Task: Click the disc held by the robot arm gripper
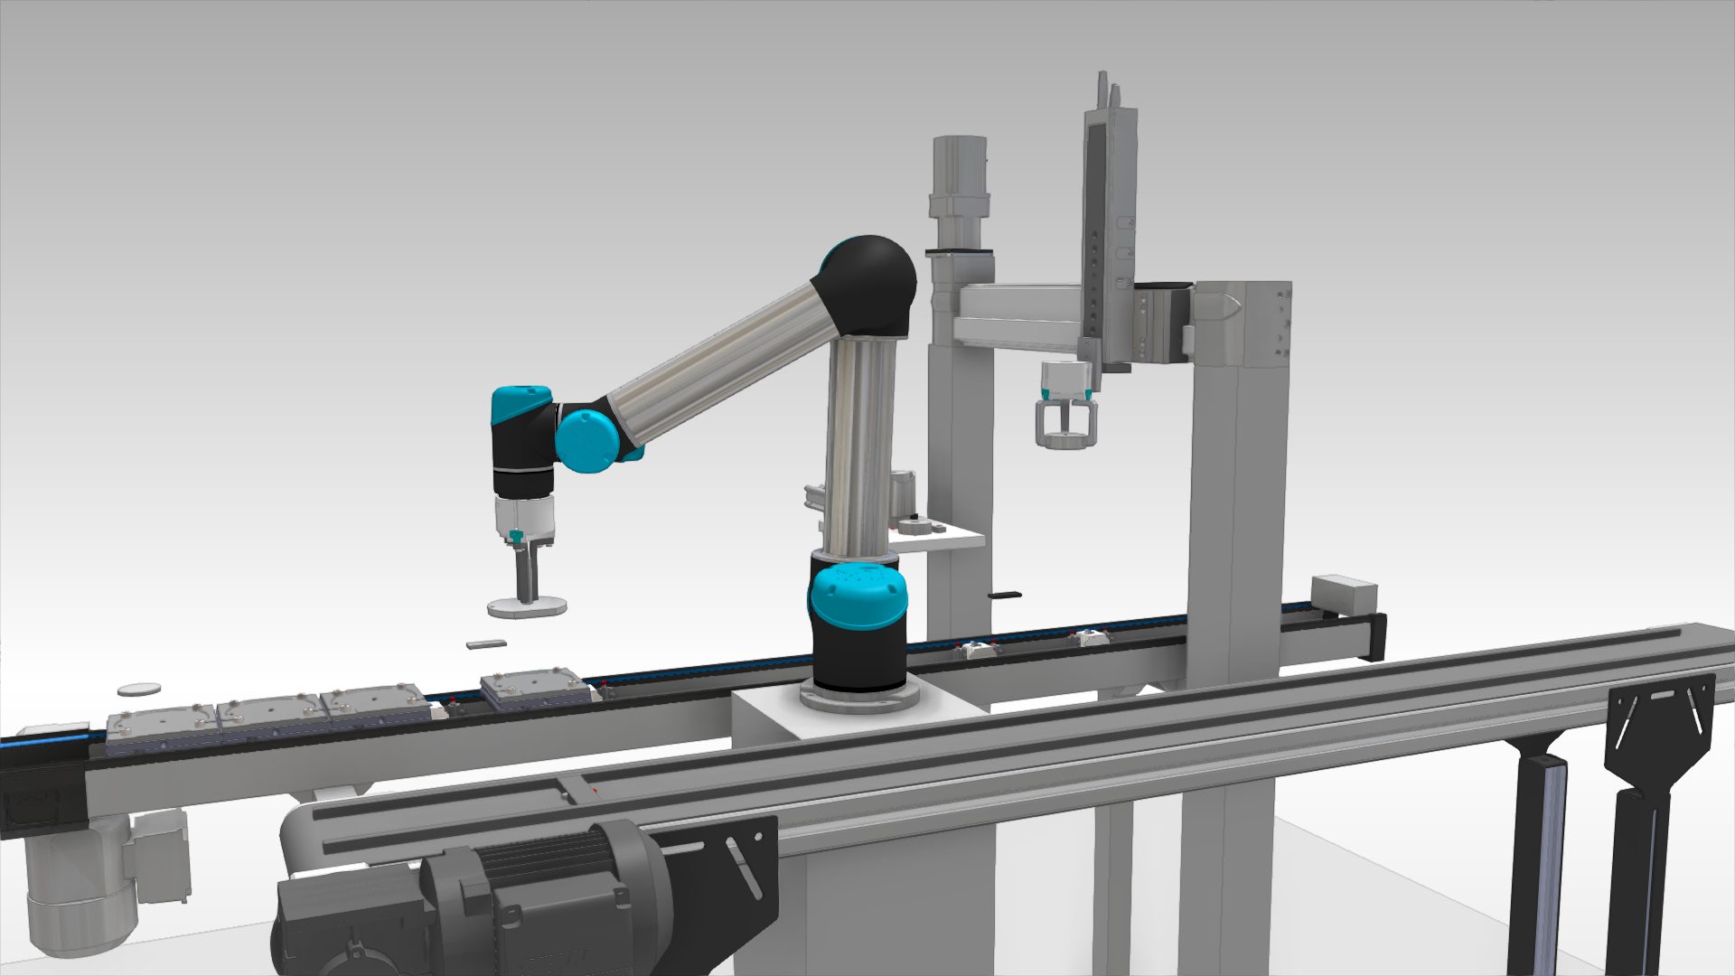click(527, 607)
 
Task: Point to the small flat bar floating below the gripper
click(487, 643)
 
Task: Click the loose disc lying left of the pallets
click(139, 690)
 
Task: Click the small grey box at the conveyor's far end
click(1343, 595)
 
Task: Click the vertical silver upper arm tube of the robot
click(858, 443)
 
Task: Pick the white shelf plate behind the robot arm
click(940, 540)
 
